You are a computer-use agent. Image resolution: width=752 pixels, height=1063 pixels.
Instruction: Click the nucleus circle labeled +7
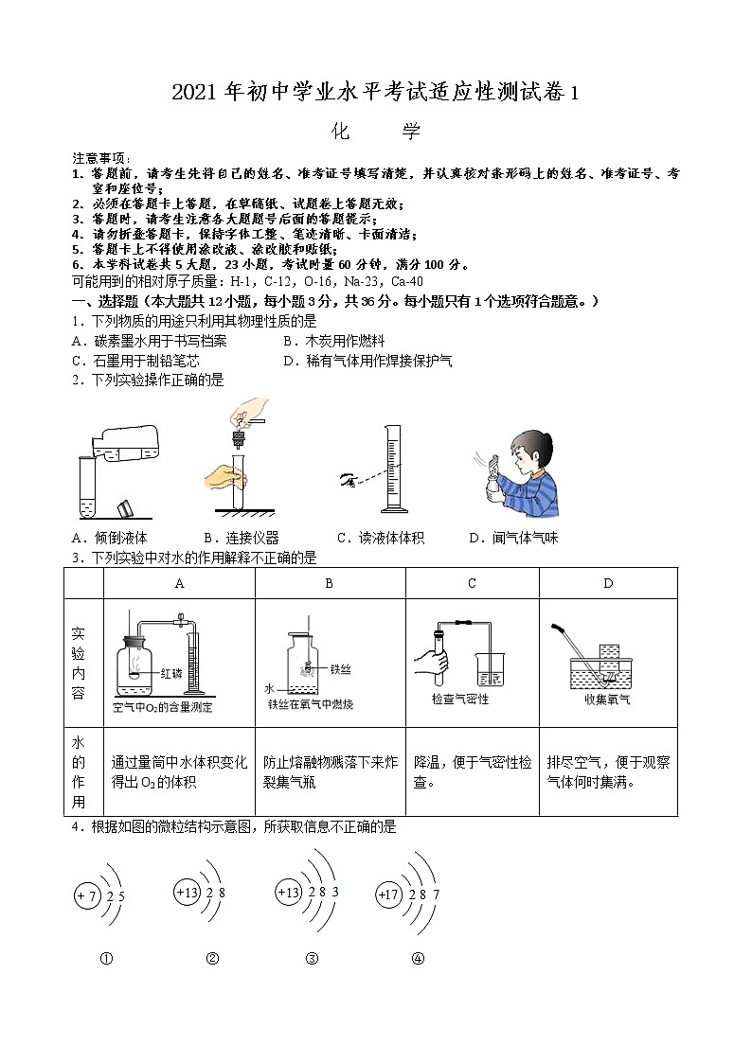(87, 895)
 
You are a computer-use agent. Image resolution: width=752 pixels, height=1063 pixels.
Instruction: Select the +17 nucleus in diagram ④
(388, 893)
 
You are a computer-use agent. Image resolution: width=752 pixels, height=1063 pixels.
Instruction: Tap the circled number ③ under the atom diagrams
(312, 958)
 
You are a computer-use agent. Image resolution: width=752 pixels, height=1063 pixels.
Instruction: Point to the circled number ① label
(106, 958)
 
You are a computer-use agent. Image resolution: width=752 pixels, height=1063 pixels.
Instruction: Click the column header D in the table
(608, 583)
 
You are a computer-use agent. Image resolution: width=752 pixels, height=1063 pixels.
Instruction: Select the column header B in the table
(329, 583)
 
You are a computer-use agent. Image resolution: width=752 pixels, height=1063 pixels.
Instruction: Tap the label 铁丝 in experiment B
(341, 667)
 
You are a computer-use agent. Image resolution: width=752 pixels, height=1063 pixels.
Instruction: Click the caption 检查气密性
(460, 700)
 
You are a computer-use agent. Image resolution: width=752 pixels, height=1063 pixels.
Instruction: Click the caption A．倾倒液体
(109, 538)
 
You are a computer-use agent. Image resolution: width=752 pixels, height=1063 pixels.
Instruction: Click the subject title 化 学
(376, 132)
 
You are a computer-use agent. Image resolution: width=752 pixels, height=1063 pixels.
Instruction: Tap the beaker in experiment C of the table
(492, 670)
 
